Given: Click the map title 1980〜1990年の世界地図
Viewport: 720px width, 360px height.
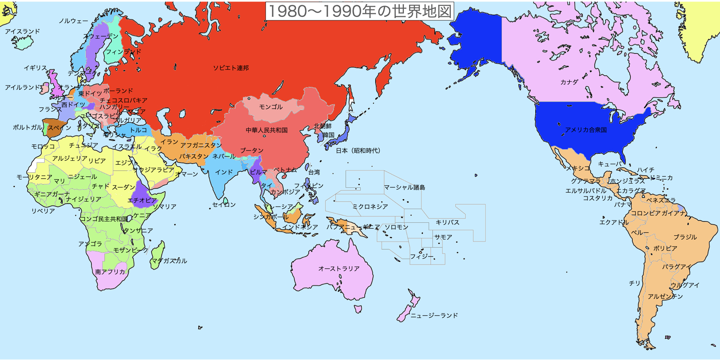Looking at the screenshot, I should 359,11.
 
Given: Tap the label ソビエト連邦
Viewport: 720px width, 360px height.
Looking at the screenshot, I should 231,68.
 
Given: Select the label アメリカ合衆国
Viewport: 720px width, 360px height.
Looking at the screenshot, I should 586,130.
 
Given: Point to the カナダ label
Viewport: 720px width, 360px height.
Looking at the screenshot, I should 569,82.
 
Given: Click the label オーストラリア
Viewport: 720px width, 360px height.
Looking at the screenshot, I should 339,269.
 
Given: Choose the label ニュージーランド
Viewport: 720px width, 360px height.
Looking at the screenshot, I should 434,315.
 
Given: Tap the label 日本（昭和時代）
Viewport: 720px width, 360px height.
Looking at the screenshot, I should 358,150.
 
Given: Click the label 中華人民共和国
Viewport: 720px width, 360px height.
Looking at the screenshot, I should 266,130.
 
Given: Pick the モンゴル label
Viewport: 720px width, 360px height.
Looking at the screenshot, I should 271,107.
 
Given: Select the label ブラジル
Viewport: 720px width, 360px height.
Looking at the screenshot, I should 685,237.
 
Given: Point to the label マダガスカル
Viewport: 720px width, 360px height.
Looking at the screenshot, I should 169,261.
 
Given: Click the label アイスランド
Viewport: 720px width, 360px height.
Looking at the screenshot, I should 22,31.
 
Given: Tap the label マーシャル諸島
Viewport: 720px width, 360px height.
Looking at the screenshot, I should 404,187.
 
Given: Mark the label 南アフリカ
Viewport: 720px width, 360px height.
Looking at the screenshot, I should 110,272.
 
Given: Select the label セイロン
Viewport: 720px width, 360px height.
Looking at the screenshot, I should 224,205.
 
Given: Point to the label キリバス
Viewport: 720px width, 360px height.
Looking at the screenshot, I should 447,222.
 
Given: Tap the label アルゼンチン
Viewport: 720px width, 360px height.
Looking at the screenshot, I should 665,296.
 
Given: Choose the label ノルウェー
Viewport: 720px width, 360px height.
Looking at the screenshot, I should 73,21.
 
